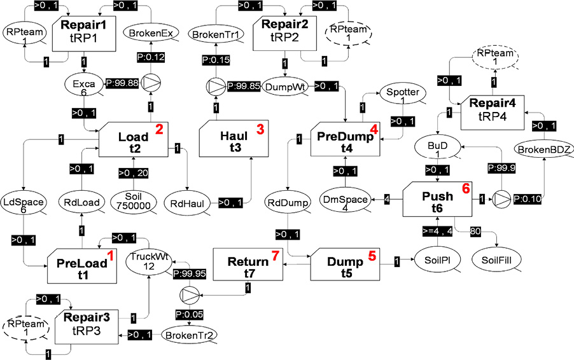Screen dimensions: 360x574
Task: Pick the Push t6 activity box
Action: [x=438, y=198]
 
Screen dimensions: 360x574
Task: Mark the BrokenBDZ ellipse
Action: [x=544, y=148]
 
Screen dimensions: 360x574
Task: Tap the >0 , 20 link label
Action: [x=134, y=172]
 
